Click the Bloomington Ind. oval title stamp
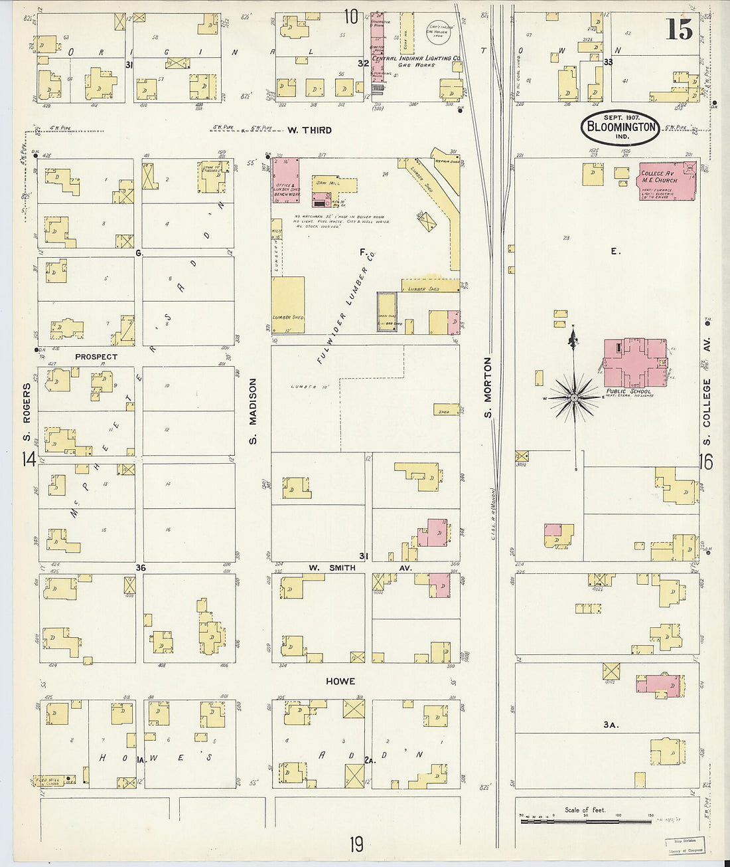click(x=620, y=128)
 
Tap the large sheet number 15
click(x=679, y=30)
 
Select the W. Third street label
click(x=309, y=130)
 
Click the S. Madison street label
click(x=252, y=411)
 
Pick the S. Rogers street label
click(x=27, y=413)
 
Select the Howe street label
click(x=340, y=681)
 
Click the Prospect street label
click(x=96, y=357)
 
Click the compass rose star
click(x=574, y=397)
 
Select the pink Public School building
click(x=634, y=363)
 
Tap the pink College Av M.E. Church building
click(x=667, y=181)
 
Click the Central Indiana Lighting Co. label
click(x=416, y=58)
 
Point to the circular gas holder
click(x=437, y=32)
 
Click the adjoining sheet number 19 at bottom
click(x=356, y=844)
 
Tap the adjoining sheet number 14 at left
click(x=29, y=459)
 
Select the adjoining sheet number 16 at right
click(x=707, y=461)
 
